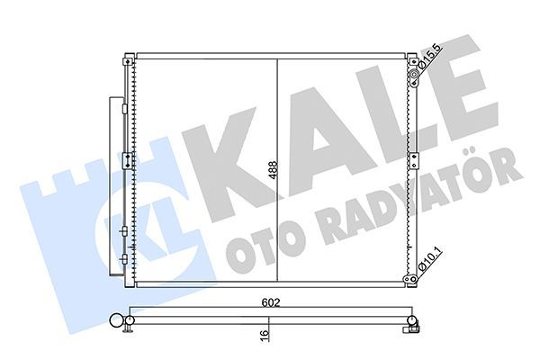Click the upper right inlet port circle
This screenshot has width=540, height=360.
[415, 83]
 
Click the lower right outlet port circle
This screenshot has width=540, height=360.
[415, 279]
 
